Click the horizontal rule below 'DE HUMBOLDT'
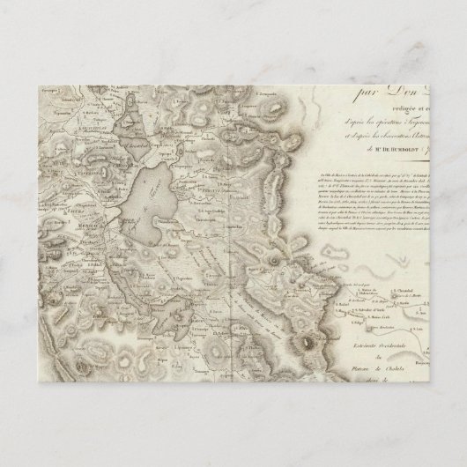pos(370,162)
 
